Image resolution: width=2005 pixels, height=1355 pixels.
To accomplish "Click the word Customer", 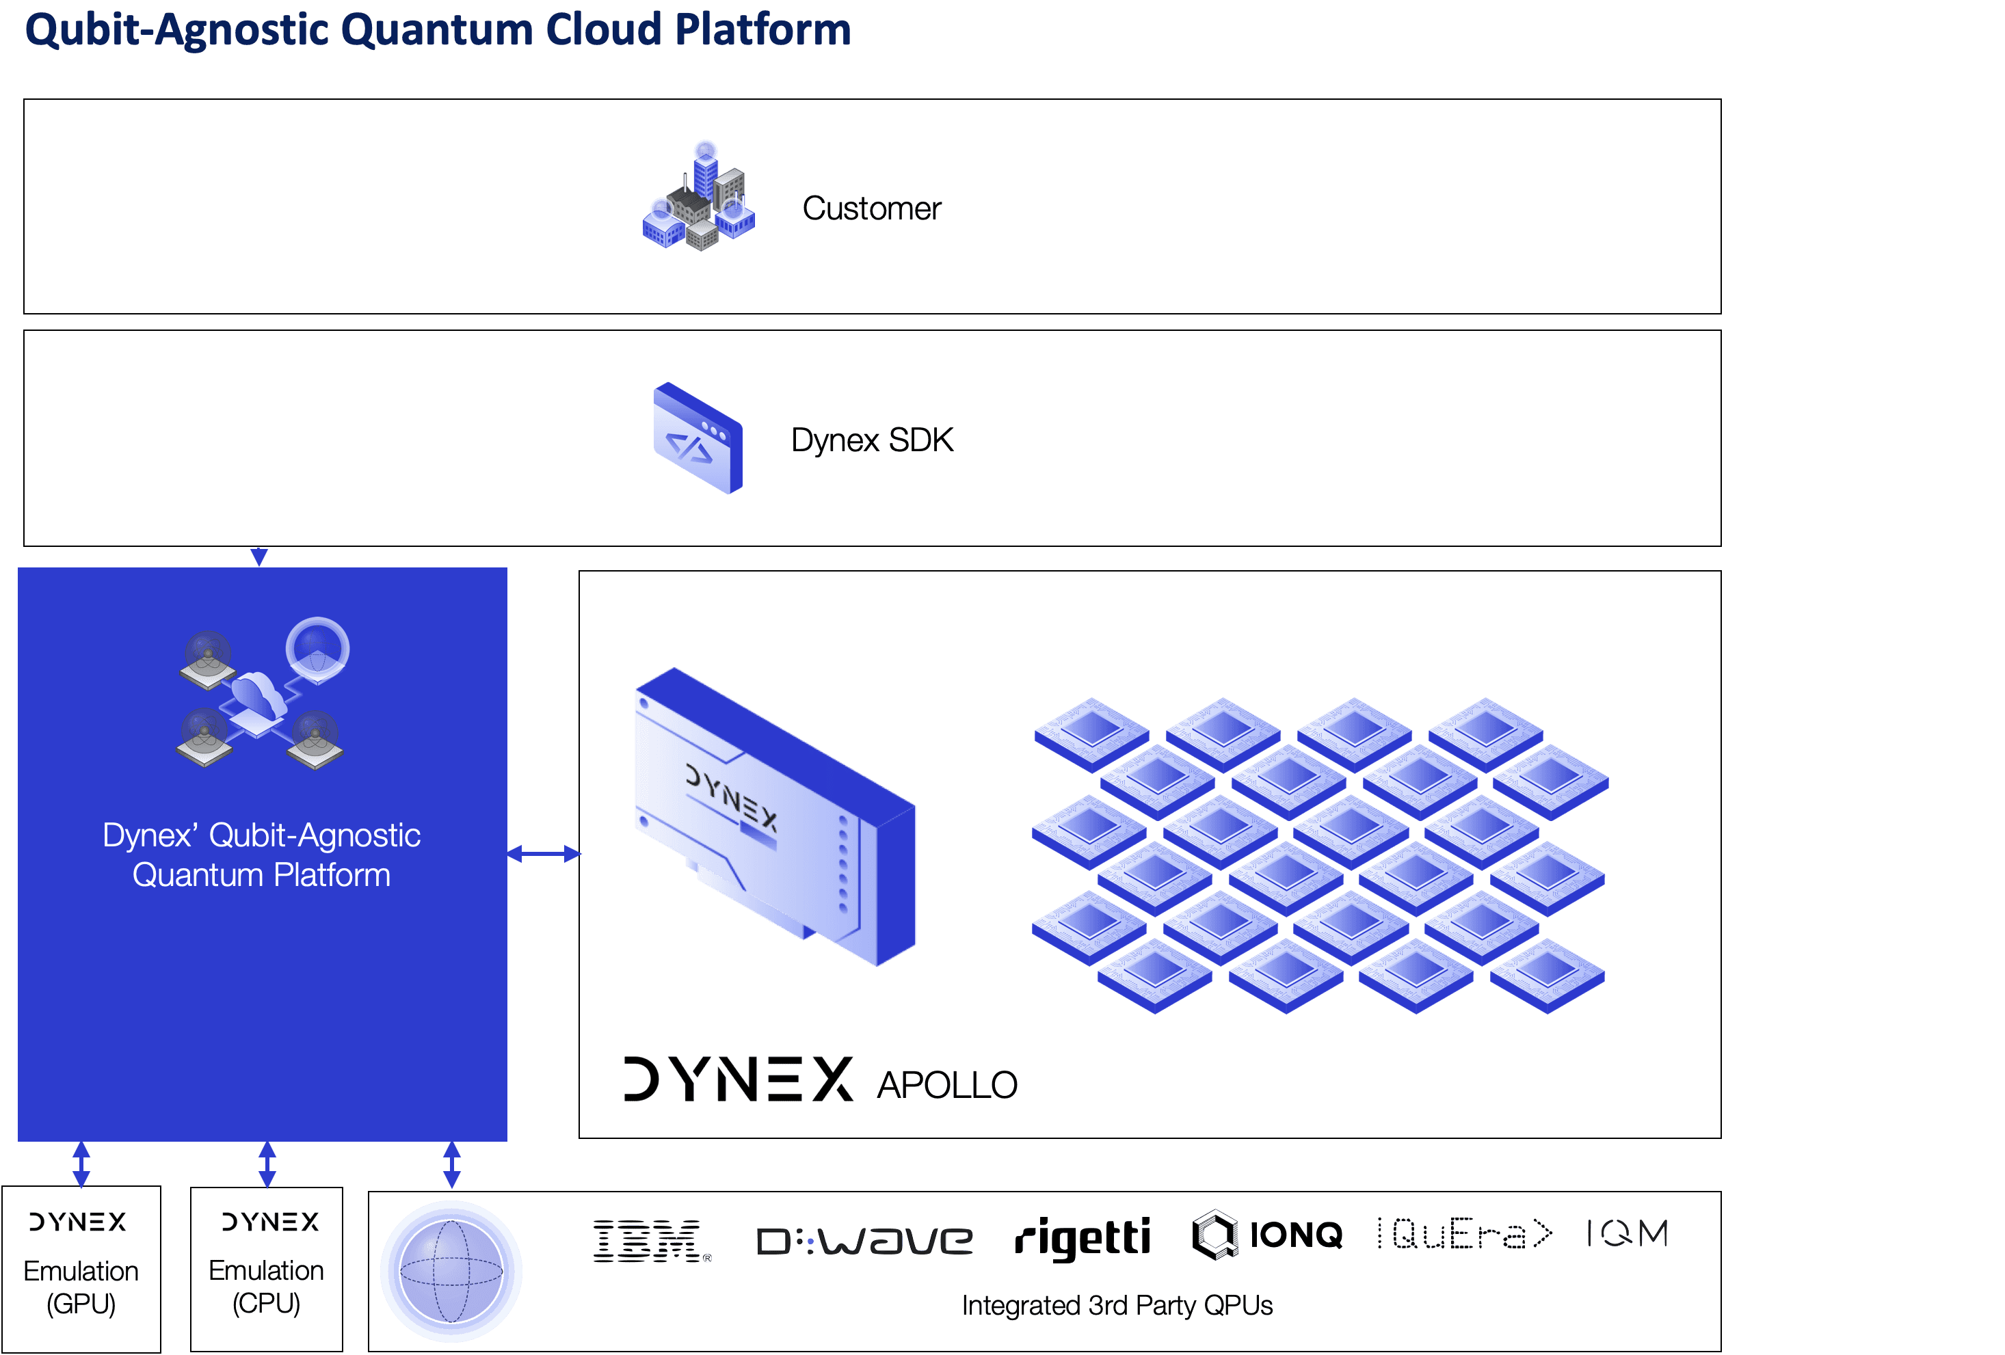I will (x=871, y=209).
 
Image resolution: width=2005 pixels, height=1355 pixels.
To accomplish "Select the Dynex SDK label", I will (x=872, y=440).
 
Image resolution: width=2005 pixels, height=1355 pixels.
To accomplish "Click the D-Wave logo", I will (x=864, y=1241).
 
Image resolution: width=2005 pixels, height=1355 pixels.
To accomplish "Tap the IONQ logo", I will (x=1267, y=1235).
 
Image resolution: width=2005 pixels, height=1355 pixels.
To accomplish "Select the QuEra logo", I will (x=1464, y=1234).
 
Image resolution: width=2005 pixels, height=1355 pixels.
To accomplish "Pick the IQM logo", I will (x=1627, y=1233).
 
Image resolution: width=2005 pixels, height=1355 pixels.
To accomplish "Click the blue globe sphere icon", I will (x=451, y=1272).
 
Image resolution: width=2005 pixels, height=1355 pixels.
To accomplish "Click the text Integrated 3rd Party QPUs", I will (x=1117, y=1306).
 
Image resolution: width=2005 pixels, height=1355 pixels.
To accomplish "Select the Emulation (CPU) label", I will (x=267, y=1286).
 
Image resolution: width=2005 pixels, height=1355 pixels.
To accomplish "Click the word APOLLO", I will (x=947, y=1085).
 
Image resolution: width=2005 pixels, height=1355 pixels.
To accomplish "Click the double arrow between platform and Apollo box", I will (x=544, y=854).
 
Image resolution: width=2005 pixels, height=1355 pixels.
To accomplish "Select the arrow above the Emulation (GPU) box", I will (x=81, y=1164).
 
